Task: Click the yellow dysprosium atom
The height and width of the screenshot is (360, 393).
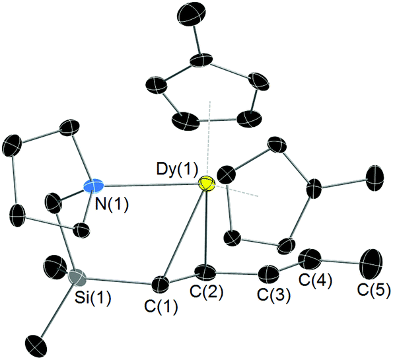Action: (x=207, y=183)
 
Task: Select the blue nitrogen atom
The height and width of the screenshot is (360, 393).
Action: (x=93, y=186)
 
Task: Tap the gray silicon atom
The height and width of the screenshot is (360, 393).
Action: (x=77, y=277)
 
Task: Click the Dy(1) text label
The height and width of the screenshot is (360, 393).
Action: (x=177, y=169)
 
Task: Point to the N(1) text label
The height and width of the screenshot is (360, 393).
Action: (x=112, y=204)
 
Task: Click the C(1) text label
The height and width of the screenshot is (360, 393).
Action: (x=161, y=306)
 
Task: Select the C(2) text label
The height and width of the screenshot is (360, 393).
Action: (x=206, y=293)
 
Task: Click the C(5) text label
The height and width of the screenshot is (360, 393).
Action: (x=374, y=290)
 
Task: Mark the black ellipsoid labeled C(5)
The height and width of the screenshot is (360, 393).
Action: (x=371, y=264)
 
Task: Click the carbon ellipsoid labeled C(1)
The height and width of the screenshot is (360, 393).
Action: (x=161, y=285)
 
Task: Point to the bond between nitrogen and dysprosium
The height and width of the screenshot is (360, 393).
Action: (x=151, y=185)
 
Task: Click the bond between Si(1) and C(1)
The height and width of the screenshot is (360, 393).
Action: (x=119, y=281)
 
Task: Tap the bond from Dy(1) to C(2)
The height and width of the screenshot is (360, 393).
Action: (x=206, y=228)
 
